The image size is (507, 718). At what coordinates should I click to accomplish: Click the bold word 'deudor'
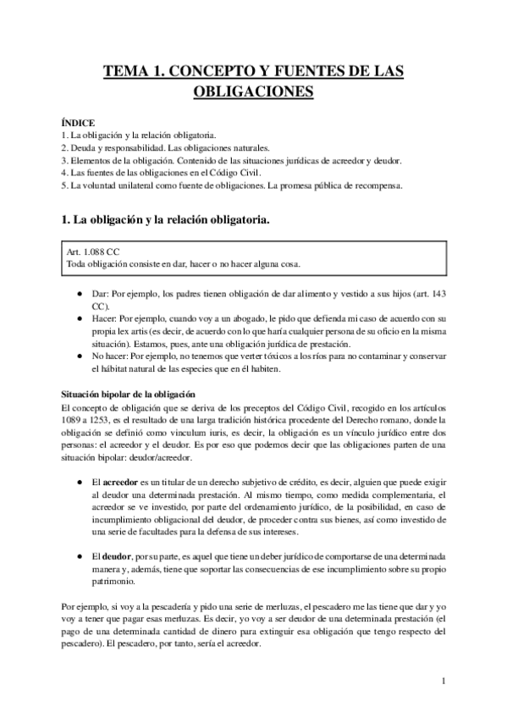coord(116,558)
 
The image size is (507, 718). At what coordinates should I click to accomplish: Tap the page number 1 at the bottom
coord(444,680)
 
